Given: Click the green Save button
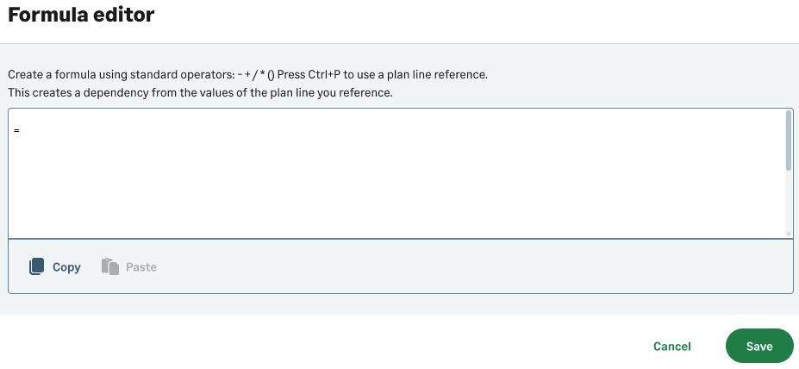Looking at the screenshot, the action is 759,346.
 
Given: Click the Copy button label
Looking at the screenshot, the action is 66,267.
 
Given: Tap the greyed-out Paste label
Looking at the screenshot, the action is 141,267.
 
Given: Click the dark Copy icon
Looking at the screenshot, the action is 37,266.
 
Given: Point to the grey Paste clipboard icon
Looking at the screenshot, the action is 110,266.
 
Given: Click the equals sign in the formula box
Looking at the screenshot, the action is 17,131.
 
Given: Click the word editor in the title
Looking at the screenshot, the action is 122,15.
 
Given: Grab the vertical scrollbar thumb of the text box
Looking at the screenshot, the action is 789,141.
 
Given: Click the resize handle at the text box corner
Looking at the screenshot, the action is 789,233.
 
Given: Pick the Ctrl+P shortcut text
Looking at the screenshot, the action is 324,74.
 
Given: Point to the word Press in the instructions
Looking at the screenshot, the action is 291,74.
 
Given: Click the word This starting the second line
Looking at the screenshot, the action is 17,93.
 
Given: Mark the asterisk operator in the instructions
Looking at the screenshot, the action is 262,73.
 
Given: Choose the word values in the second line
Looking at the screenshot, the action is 211,93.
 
